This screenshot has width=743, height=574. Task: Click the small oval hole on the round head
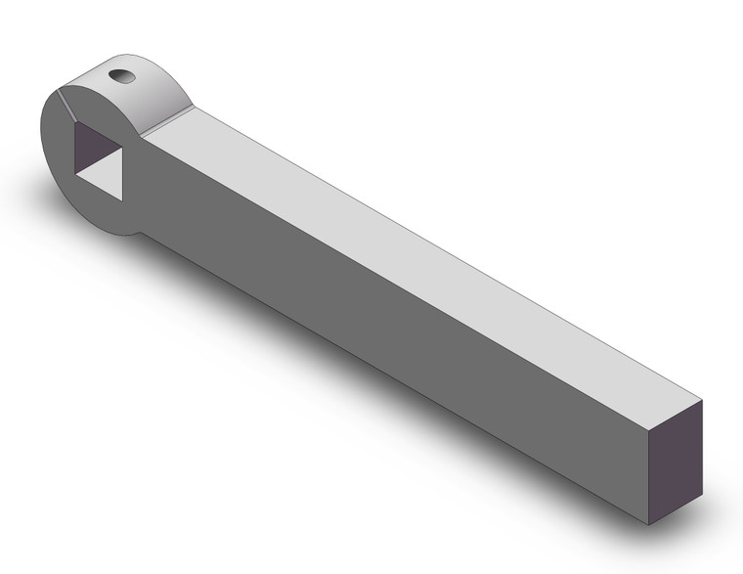pyautogui.click(x=119, y=76)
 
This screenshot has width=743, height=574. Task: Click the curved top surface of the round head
pyautogui.click(x=147, y=93)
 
